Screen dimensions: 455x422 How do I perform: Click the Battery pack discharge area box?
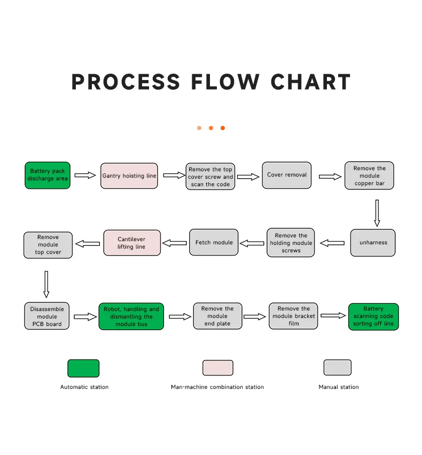pos(48,175)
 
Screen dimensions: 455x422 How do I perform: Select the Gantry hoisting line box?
pos(129,176)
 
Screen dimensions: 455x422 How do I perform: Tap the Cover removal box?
pos(287,175)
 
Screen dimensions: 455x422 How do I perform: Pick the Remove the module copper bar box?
pos(369,176)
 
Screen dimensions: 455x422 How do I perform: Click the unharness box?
pos(373,243)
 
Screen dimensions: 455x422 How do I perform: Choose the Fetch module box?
pos(214,243)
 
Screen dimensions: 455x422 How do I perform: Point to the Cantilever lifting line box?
pos(131,243)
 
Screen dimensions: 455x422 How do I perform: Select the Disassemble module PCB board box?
pos(46,316)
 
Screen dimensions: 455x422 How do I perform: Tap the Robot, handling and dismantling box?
pos(131,316)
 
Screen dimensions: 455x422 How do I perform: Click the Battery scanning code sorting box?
pos(373,316)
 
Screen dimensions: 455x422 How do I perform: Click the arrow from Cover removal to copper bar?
pos(330,177)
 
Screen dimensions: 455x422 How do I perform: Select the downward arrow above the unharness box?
pos(377,213)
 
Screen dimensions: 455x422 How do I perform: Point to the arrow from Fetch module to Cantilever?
pos(174,243)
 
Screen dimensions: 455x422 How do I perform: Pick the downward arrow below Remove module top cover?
pos(46,284)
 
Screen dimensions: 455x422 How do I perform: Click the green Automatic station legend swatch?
pos(83,368)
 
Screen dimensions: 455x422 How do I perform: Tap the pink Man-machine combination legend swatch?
pos(217,368)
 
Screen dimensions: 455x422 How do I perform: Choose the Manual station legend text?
pos(339,387)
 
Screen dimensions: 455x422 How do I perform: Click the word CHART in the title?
pos(310,82)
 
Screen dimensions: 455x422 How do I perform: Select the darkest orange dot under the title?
pos(223,128)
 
